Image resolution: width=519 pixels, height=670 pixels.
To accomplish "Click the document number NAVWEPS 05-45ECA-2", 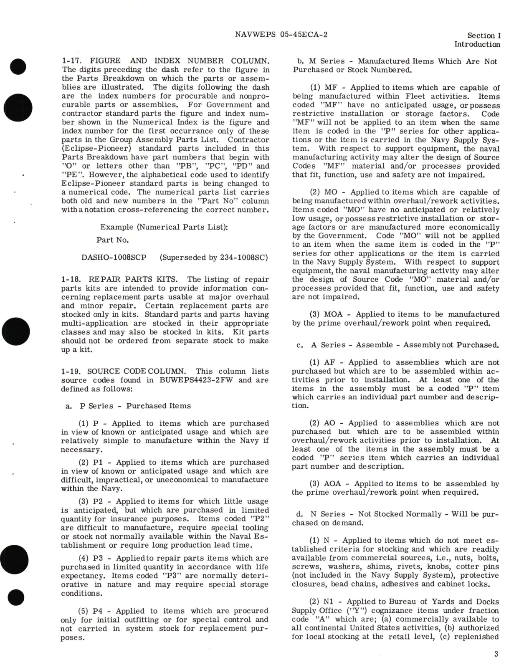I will pyautogui.click(x=281, y=35).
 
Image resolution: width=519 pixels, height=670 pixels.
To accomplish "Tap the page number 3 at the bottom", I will pyautogui.click(x=496, y=654).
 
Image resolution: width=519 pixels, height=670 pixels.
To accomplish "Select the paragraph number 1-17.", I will pyautogui.click(x=70, y=61).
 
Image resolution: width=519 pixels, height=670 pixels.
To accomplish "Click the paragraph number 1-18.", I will pyautogui.click(x=70, y=279).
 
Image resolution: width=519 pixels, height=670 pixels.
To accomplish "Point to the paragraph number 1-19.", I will pyautogui.click(x=70, y=371).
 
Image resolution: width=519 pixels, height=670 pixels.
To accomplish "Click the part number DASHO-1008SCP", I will pyautogui.click(x=114, y=257).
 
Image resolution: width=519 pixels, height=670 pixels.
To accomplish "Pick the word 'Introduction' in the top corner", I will pyautogui.click(x=477, y=44).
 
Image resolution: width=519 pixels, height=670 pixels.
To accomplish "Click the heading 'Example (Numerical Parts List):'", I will pyautogui.click(x=164, y=227).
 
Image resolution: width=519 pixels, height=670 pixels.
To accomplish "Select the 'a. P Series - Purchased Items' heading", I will pyautogui.click(x=128, y=406).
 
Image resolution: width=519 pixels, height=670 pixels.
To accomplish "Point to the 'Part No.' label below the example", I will pyautogui.click(x=112, y=240).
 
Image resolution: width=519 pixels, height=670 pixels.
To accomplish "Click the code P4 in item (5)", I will pyautogui.click(x=97, y=611).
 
